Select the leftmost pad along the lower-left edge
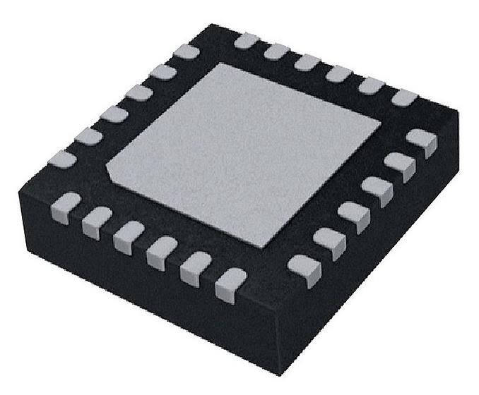[x=66, y=208]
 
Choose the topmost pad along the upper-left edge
[x=187, y=51]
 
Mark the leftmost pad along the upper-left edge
[x=62, y=159]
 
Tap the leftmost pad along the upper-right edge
[x=245, y=40]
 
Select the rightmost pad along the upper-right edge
[x=404, y=97]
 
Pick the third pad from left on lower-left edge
[x=129, y=236]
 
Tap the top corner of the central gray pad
[x=220, y=65]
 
